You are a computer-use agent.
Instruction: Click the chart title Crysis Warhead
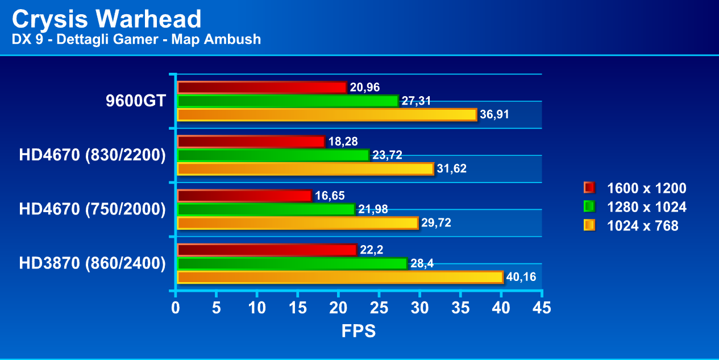pyautogui.click(x=106, y=19)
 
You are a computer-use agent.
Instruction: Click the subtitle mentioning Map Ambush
pyautogui.click(x=136, y=39)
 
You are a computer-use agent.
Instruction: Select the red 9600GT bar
pyautogui.click(x=261, y=87)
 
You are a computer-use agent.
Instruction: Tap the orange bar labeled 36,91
pyautogui.click(x=327, y=115)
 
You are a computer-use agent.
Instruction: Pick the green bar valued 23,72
pyautogui.click(x=273, y=155)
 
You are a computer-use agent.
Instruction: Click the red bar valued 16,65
pyautogui.click(x=244, y=196)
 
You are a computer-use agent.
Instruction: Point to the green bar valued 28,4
pyautogui.click(x=292, y=263)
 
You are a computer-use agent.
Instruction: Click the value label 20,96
pyautogui.click(x=365, y=88)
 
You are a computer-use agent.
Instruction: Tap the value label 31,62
pyautogui.click(x=452, y=169)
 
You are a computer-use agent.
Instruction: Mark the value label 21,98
pyautogui.click(x=373, y=209)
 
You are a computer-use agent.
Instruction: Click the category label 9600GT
pyautogui.click(x=136, y=101)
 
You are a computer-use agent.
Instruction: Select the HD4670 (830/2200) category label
pyautogui.click(x=92, y=155)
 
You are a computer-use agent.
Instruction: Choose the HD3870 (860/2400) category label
pyautogui.click(x=92, y=263)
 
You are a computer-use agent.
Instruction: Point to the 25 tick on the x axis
pyautogui.click(x=379, y=308)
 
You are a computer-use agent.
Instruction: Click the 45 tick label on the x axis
pyautogui.click(x=541, y=308)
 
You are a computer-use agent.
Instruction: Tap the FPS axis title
pyautogui.click(x=359, y=331)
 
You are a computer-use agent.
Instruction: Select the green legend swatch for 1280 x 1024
pyautogui.click(x=589, y=207)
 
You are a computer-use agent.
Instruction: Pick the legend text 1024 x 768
pyautogui.click(x=642, y=226)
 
